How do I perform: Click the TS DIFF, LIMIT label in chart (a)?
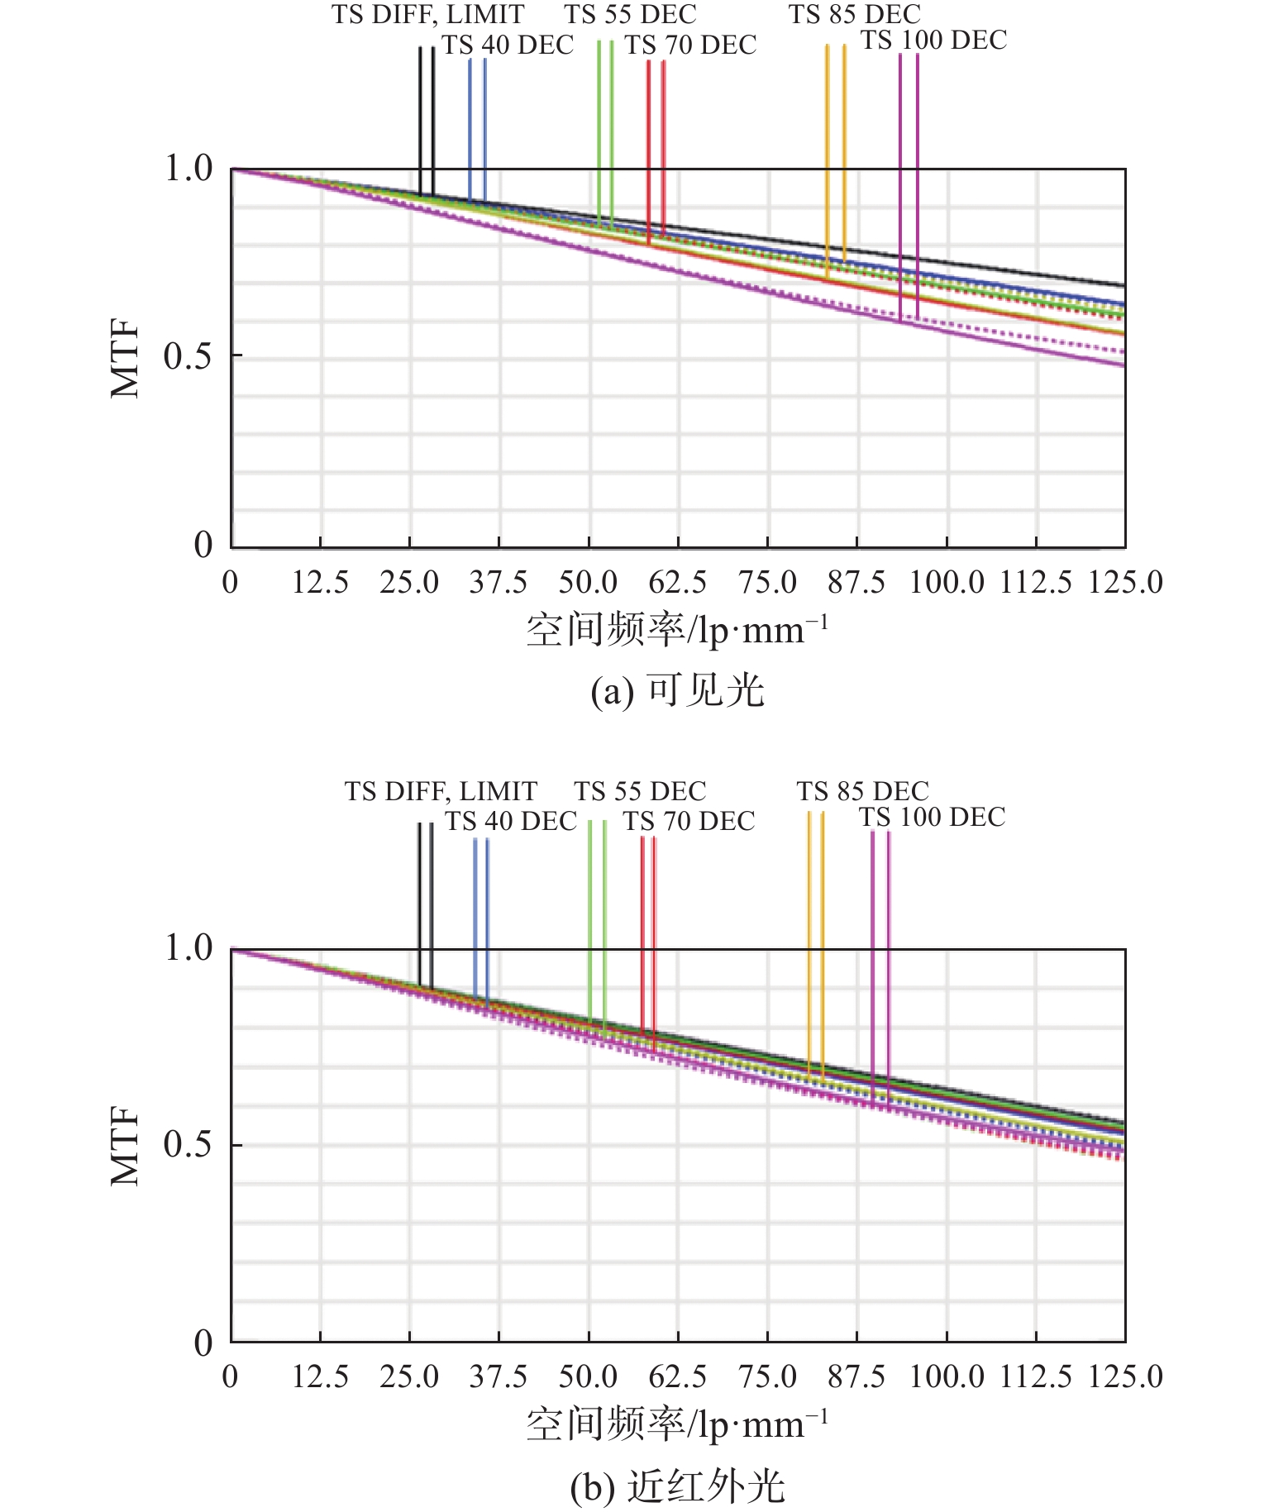[x=427, y=15]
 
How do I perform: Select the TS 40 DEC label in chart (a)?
[x=507, y=45]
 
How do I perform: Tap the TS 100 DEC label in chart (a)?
[x=933, y=41]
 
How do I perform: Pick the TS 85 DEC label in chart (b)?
[x=862, y=791]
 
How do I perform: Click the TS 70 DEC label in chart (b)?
[x=689, y=821]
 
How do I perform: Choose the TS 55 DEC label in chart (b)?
[x=640, y=791]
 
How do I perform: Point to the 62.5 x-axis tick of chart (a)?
[x=677, y=583]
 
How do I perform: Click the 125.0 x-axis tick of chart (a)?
[x=1124, y=583]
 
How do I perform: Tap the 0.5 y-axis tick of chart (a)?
[x=188, y=356]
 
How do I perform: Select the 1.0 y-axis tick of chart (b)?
[x=188, y=948]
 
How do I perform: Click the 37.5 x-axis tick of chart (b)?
[x=498, y=1376]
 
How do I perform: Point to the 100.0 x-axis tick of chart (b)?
[x=947, y=1376]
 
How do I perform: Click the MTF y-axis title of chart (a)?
[x=126, y=360]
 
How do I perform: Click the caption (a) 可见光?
[x=677, y=690]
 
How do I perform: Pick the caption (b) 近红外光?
[x=677, y=1486]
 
